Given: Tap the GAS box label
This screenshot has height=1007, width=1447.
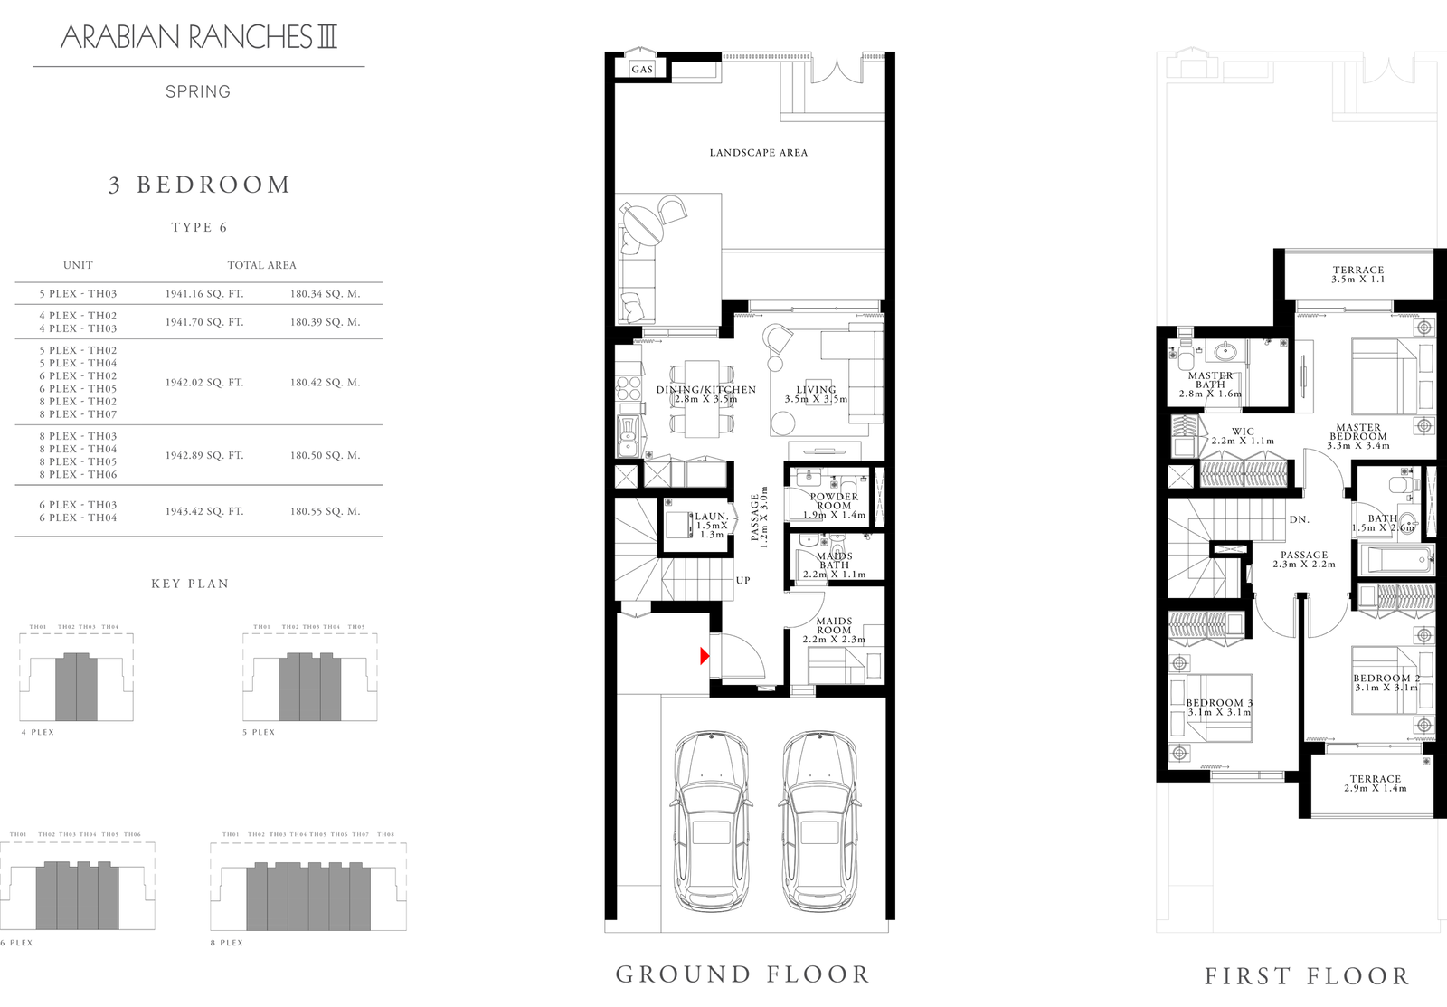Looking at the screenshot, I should [x=642, y=70].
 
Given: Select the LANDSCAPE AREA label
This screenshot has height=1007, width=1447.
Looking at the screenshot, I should [x=758, y=153].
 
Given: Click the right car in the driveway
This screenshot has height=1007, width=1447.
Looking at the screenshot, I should [x=817, y=820].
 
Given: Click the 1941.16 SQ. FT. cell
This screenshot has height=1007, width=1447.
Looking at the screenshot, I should [x=204, y=294].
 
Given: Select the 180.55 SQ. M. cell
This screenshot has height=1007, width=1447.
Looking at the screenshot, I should [x=325, y=511].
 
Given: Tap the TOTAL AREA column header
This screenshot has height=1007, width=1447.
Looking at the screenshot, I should [x=261, y=265].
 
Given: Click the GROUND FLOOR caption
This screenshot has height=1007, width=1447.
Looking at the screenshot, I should [x=742, y=974].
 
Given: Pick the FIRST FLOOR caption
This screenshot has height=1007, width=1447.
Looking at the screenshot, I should [x=1307, y=976].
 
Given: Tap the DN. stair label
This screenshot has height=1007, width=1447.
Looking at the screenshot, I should [x=1299, y=520].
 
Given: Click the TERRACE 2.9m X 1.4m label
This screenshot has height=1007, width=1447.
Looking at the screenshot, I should [x=1375, y=784].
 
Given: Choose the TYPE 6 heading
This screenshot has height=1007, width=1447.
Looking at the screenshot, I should [x=199, y=227].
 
